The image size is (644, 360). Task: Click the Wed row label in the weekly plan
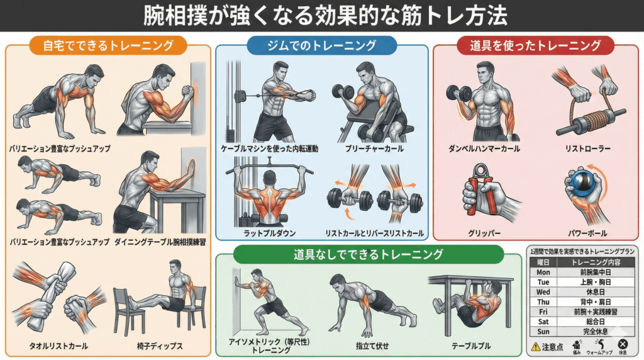(543, 292)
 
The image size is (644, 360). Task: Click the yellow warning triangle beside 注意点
(535, 346)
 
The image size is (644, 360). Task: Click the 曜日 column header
(543, 262)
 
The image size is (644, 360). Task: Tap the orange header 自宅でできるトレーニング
(108, 46)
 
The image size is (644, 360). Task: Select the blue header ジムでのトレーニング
(321, 46)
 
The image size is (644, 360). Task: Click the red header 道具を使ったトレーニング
(535, 46)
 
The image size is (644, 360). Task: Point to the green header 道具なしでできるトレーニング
(359, 255)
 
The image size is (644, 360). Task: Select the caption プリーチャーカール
(366, 149)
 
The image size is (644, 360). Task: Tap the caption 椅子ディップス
(159, 346)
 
